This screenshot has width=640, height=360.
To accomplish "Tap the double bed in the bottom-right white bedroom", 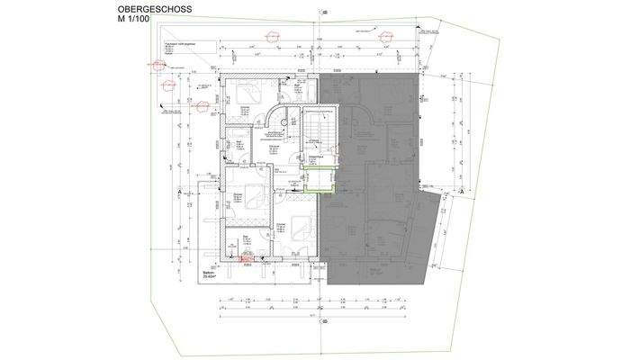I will (292, 229).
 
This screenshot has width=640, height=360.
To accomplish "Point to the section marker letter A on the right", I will (461, 190).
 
